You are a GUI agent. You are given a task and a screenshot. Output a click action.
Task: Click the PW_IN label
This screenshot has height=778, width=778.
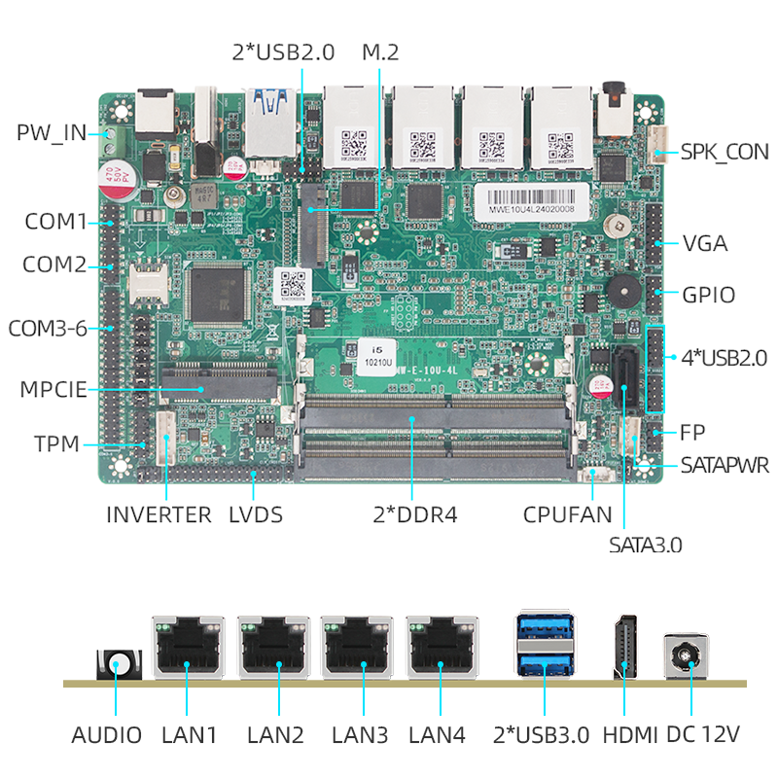pyautogui.click(x=51, y=132)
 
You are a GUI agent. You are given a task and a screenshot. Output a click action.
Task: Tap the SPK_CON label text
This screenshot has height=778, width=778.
pyautogui.click(x=724, y=152)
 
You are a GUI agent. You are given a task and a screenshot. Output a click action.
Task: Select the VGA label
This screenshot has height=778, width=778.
pyautogui.click(x=705, y=243)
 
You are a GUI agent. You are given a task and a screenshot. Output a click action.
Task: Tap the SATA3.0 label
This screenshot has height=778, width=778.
pyautogui.click(x=646, y=545)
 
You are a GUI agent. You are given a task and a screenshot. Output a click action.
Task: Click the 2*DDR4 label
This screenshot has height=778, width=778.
pyautogui.click(x=414, y=514)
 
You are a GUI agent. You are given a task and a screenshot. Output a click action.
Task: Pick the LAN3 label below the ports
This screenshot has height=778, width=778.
pyautogui.click(x=360, y=735)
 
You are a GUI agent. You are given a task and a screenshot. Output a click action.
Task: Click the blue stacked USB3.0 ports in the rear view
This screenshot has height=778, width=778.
pyautogui.click(x=544, y=648)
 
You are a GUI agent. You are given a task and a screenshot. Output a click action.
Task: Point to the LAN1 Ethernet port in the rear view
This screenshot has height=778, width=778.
pyautogui.click(x=189, y=648)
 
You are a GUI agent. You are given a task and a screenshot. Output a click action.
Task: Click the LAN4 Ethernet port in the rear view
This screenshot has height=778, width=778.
pyautogui.click(x=442, y=648)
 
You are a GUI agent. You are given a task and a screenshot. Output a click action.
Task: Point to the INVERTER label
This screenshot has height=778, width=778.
pyautogui.click(x=159, y=514)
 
